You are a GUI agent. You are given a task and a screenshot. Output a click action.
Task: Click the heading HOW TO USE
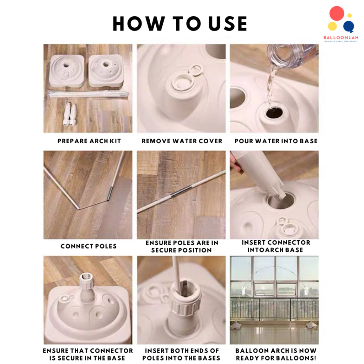click(180, 23)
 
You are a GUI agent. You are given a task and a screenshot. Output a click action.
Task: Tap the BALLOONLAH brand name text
click(341, 38)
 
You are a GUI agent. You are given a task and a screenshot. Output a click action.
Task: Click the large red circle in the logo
click(337, 13)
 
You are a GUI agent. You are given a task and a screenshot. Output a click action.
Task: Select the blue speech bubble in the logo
click(349, 26)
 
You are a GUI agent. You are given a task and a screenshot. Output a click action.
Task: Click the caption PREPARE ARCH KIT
click(89, 141)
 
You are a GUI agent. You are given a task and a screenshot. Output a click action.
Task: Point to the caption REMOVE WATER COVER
click(182, 141)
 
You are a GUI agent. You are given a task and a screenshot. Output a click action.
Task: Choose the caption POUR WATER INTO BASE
click(276, 141)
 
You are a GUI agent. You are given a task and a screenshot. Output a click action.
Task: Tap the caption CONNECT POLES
click(89, 246)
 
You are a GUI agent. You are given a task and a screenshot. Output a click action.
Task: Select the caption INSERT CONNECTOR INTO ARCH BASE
click(275, 246)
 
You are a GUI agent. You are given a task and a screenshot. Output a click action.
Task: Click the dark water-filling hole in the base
click(274, 113)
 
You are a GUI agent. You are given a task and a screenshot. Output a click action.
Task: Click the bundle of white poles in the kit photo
click(89, 94)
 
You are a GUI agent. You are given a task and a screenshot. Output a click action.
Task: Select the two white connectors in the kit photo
click(70, 114)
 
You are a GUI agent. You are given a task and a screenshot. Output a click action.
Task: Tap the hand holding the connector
click(236, 164)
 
